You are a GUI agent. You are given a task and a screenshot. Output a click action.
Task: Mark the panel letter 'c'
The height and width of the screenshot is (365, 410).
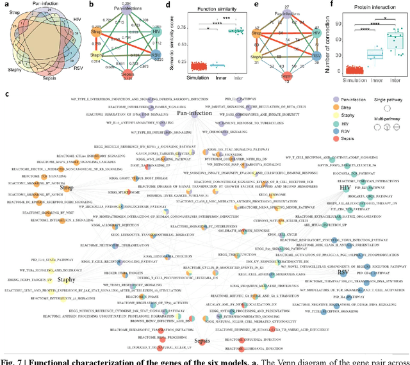click(x=6, y=94)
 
